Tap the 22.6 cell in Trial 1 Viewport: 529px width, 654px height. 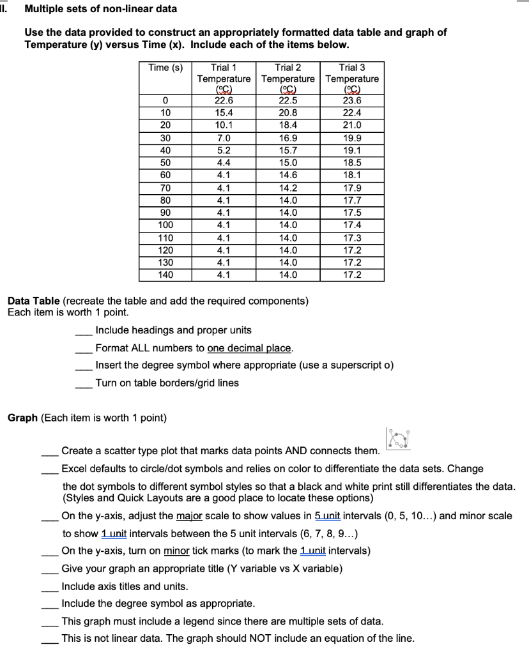[224, 100]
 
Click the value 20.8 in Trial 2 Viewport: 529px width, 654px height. [287, 112]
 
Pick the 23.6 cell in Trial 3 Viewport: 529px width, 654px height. [352, 100]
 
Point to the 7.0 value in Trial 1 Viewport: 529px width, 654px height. [224, 136]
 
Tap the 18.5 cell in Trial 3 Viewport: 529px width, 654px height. [352, 162]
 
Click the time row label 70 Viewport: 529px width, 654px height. [165, 188]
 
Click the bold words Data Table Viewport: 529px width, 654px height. [33, 301]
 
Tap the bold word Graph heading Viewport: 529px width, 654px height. [22, 418]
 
